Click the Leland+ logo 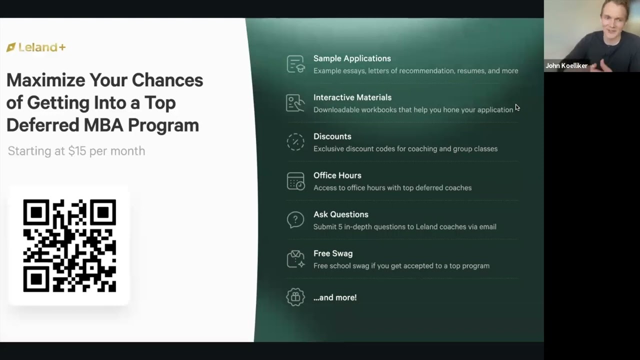(36, 47)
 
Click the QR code (69, 245)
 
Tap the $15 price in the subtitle (77, 151)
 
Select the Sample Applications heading (352, 58)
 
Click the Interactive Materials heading (352, 97)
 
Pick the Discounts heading (332, 136)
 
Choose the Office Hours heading (337, 175)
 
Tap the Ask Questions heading (340, 214)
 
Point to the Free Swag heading (332, 253)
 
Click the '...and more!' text (334, 297)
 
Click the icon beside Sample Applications (295, 64)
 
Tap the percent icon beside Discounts (295, 142)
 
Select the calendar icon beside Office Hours (295, 181)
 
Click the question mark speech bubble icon (295, 220)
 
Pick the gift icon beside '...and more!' (295, 297)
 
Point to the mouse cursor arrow (517, 107)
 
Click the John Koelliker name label (566, 65)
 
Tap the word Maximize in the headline (45, 80)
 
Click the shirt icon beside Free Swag (295, 259)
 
